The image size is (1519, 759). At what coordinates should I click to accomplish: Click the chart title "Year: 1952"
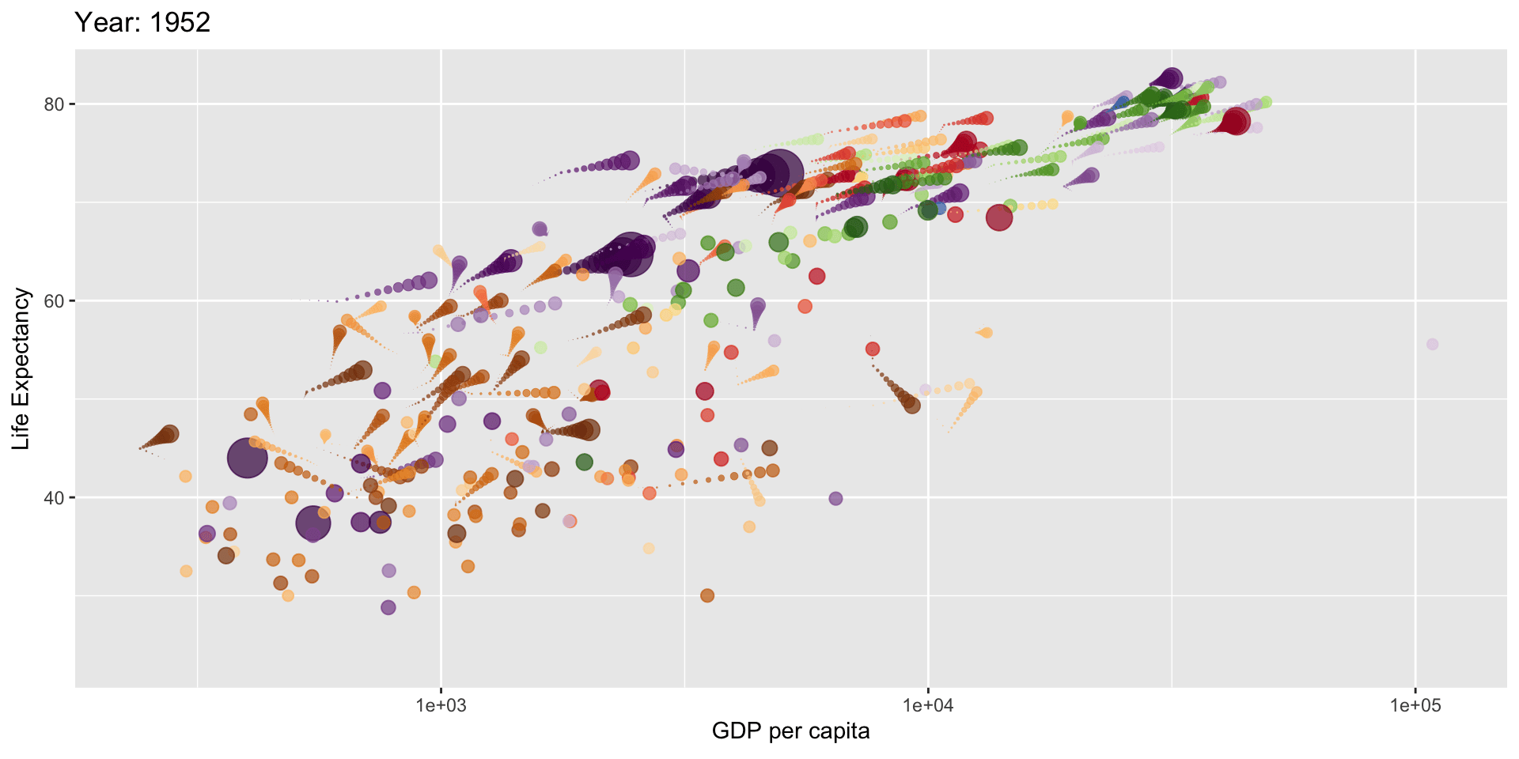(x=142, y=22)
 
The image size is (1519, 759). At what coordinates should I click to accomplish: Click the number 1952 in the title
(x=180, y=22)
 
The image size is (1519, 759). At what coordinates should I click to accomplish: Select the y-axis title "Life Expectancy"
(x=21, y=368)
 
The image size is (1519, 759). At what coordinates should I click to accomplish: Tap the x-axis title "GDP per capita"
(x=790, y=731)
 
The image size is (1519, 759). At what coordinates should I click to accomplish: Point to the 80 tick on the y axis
(x=54, y=104)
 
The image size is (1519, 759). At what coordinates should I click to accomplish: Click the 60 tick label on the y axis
(x=54, y=301)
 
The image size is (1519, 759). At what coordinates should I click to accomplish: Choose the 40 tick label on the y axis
(x=54, y=498)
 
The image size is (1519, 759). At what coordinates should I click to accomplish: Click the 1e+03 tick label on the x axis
(x=441, y=705)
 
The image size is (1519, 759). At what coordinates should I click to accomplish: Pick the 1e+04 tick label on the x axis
(x=928, y=705)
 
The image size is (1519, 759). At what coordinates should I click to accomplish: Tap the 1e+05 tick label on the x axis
(x=1415, y=705)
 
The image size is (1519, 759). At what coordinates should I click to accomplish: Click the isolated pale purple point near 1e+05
(x=1432, y=344)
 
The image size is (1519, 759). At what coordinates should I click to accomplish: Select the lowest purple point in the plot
(x=388, y=607)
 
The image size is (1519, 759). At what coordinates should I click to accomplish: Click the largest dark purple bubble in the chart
(x=778, y=172)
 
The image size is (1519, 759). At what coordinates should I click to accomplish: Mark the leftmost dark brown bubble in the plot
(x=169, y=434)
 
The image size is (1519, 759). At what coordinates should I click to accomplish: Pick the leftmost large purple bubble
(x=248, y=458)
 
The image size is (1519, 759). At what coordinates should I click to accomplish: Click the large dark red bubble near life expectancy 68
(x=999, y=217)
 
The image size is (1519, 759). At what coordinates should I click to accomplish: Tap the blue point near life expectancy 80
(x=1121, y=102)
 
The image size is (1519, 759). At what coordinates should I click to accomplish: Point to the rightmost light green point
(x=1266, y=102)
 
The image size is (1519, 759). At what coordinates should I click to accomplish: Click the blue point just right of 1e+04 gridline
(x=939, y=208)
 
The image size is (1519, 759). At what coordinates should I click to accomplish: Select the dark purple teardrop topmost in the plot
(x=1171, y=78)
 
